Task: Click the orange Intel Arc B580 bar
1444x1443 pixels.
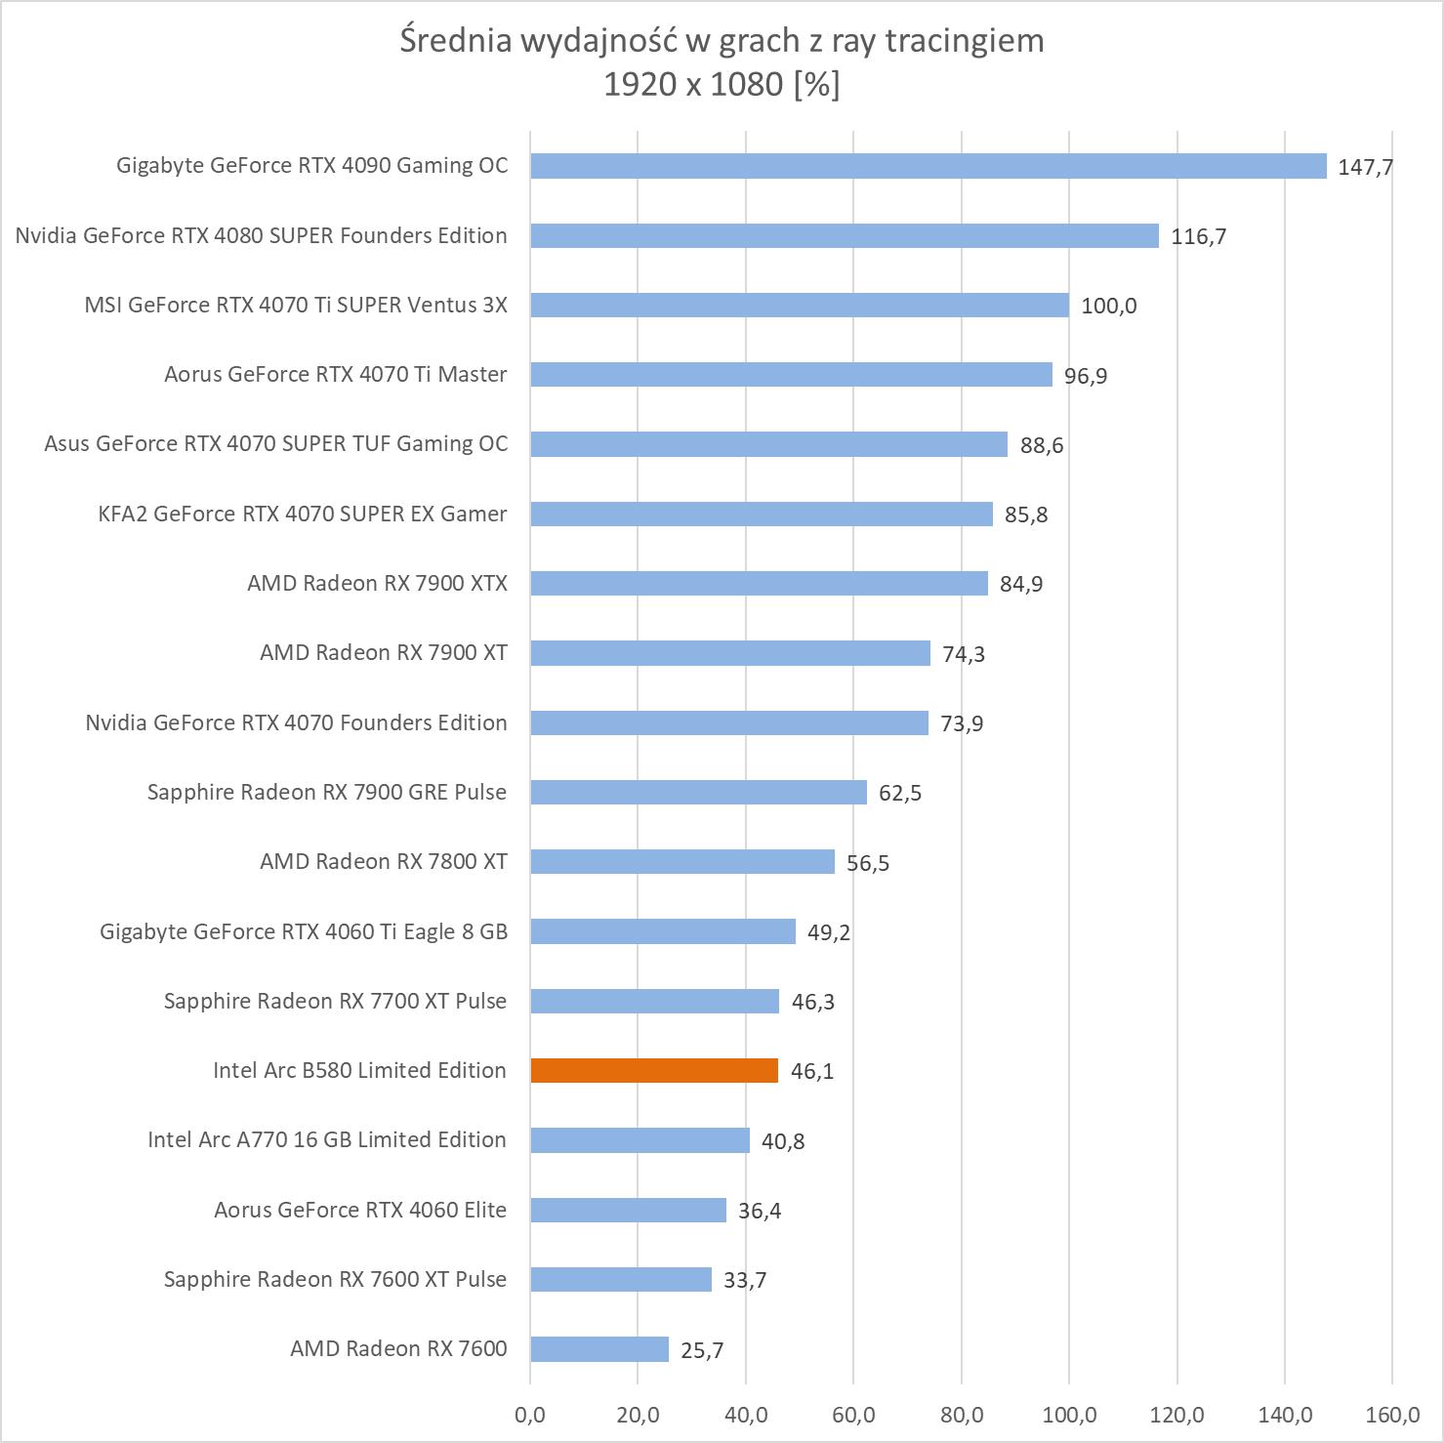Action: pyautogui.click(x=654, y=1070)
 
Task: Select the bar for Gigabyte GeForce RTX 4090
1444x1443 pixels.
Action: pyautogui.click(x=928, y=166)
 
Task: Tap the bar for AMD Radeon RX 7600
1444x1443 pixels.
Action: pyautogui.click(x=599, y=1349)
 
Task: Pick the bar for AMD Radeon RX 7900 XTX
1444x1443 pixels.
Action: pyautogui.click(x=759, y=583)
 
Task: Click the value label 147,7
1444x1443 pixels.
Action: pyautogui.click(x=1365, y=167)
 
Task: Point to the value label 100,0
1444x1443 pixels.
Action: pyautogui.click(x=1108, y=306)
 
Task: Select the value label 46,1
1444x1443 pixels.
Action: pyautogui.click(x=812, y=1071)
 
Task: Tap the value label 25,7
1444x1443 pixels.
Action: pyautogui.click(x=702, y=1350)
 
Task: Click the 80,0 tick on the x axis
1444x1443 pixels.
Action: pyautogui.click(x=962, y=1414)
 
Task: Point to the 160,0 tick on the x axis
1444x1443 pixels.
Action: pyautogui.click(x=1392, y=1414)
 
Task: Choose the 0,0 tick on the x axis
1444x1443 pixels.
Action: pyautogui.click(x=530, y=1414)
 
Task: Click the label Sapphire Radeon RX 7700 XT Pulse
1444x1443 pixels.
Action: pyautogui.click(x=335, y=1001)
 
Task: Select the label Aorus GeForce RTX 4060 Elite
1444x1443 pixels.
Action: pyautogui.click(x=360, y=1210)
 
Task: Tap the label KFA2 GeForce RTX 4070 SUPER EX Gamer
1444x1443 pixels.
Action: pyautogui.click(x=303, y=514)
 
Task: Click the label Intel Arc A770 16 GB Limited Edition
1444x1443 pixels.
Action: pyautogui.click(x=327, y=1139)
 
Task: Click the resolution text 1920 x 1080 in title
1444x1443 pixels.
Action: pyautogui.click(x=693, y=85)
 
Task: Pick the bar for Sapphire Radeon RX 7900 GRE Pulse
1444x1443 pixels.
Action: pyautogui.click(x=698, y=792)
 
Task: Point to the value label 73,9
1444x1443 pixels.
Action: pyautogui.click(x=962, y=723)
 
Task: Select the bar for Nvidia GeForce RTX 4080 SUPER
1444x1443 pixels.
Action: pyautogui.click(x=845, y=235)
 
